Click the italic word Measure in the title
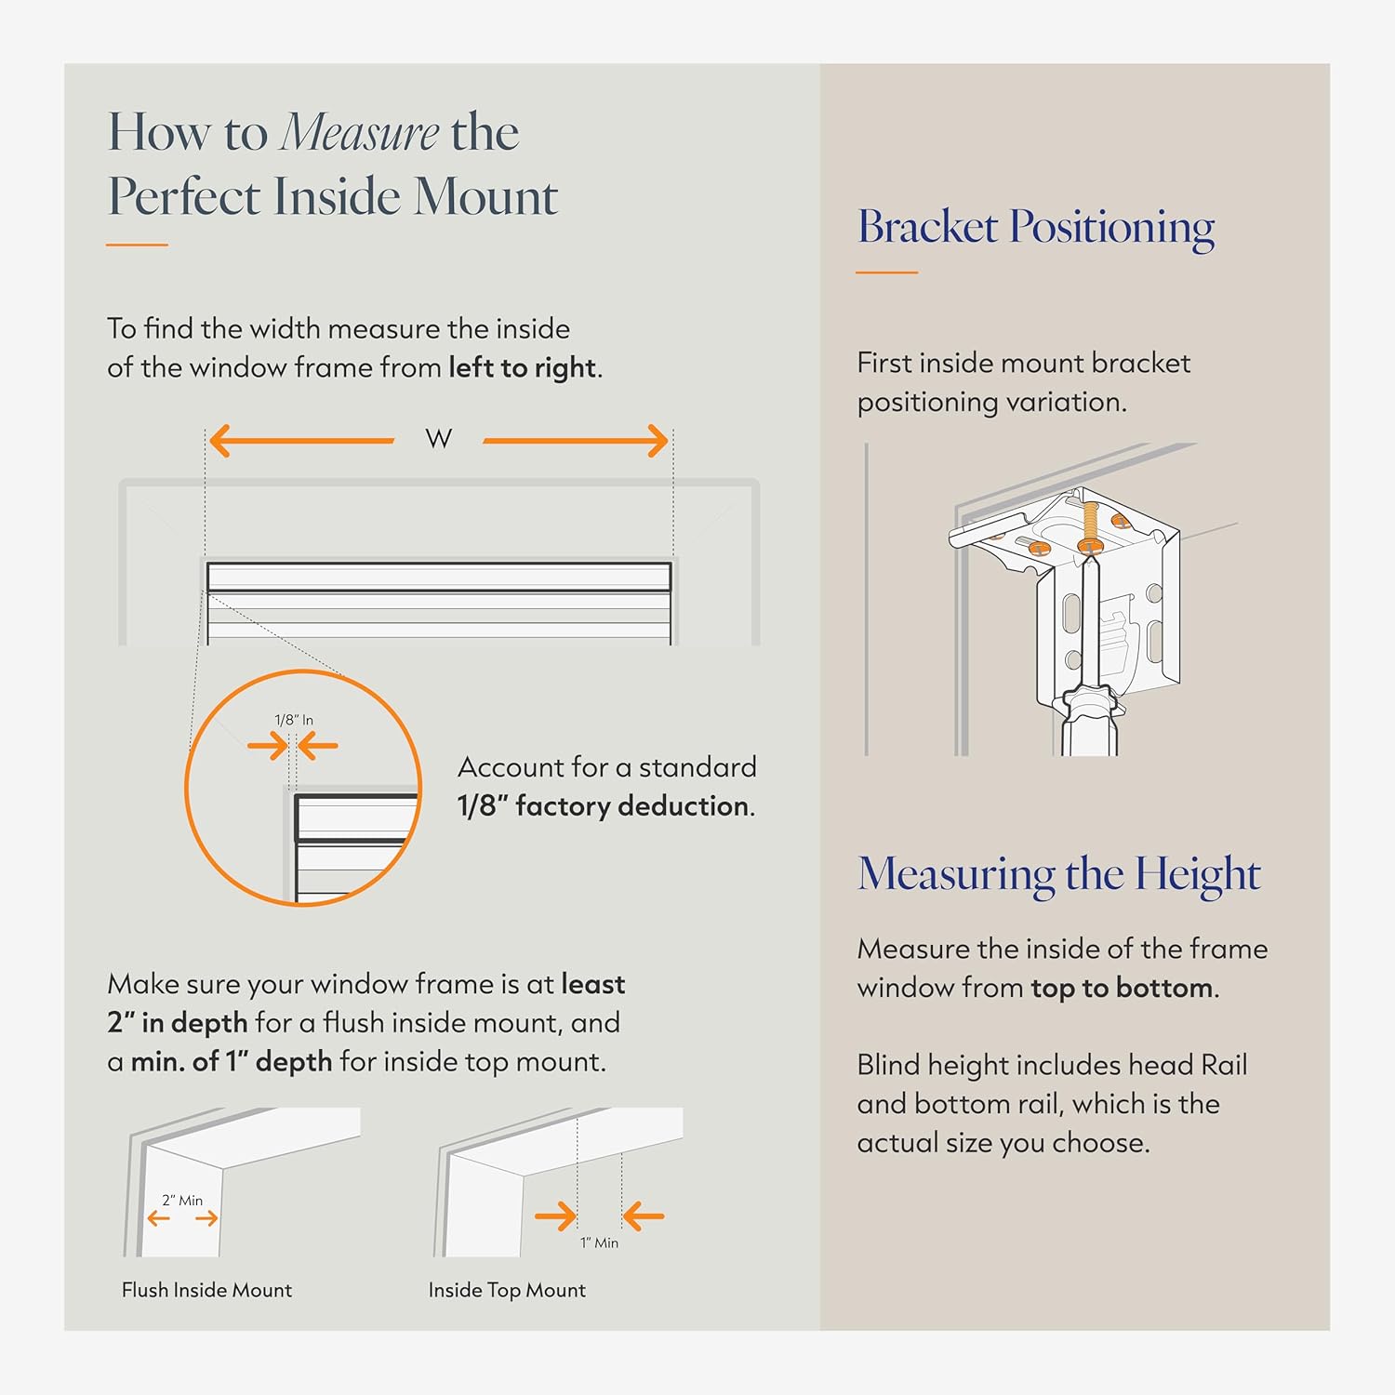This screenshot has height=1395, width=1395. point(360,132)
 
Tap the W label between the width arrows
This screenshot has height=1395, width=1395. point(439,439)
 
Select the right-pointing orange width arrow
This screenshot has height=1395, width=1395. point(576,441)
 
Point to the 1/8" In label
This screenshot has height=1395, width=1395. point(294,720)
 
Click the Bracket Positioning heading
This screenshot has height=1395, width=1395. point(1036,228)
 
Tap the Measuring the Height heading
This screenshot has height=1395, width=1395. point(1059,874)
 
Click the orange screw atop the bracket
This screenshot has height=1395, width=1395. point(1090,527)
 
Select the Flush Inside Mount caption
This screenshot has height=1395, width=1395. point(206,1290)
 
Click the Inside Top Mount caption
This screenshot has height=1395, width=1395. point(507,1290)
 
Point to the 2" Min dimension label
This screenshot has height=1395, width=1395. point(182,1201)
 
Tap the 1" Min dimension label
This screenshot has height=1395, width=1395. point(599,1242)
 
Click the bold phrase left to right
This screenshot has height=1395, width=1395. point(522,368)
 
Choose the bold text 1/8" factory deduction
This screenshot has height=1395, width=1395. point(604,805)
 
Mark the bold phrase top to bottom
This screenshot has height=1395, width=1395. point(1122,988)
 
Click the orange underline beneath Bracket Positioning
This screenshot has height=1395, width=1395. point(887,272)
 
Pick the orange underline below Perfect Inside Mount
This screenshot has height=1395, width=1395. point(137,245)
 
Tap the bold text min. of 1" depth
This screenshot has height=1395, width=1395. point(232,1061)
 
